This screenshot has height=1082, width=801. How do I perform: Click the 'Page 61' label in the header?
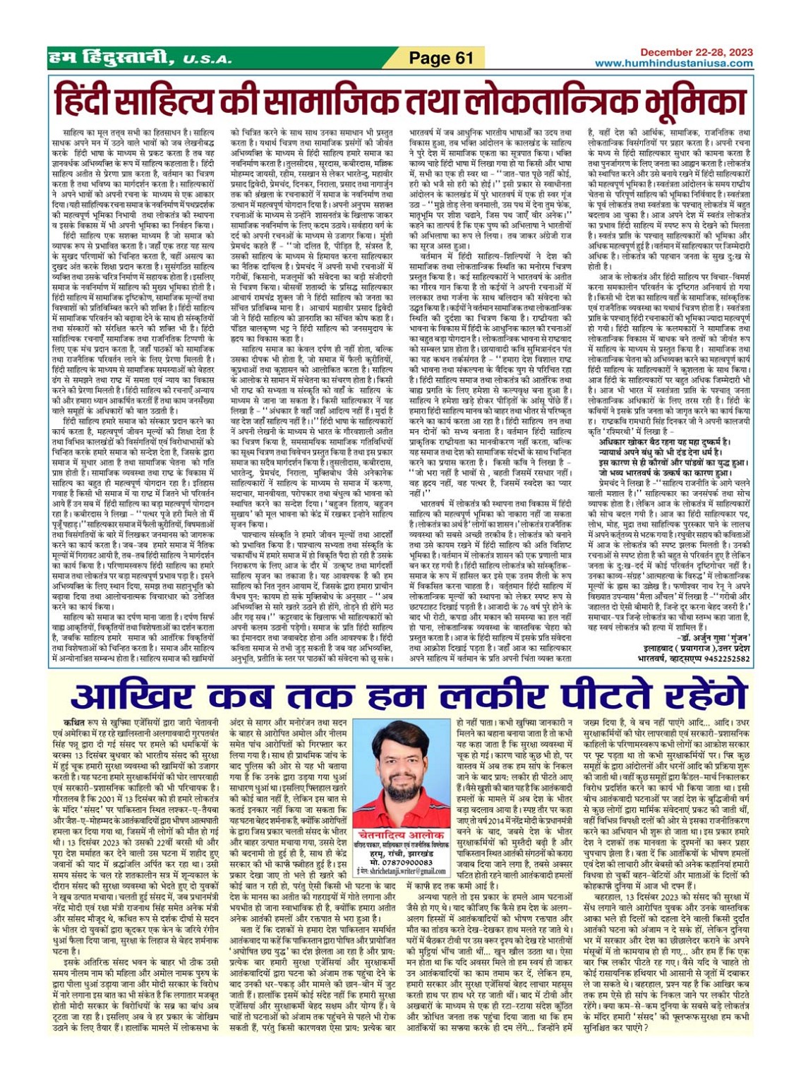[x=440, y=58]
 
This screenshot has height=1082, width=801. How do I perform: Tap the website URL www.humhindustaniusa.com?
[x=673, y=64]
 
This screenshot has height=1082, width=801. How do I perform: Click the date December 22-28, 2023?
[x=696, y=52]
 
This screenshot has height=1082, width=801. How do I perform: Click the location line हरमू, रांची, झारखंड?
[x=400, y=853]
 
